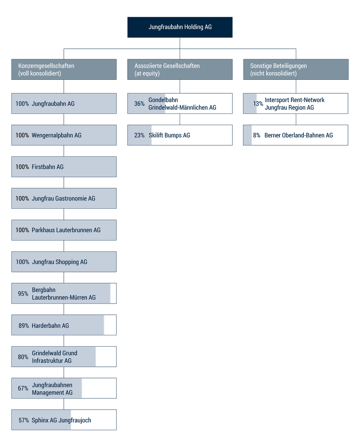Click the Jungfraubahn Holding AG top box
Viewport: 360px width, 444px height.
click(180, 27)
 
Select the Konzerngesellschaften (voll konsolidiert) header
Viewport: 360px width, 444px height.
click(64, 69)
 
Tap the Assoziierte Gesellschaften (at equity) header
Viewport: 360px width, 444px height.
click(180, 69)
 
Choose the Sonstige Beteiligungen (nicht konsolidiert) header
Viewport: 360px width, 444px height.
click(295, 69)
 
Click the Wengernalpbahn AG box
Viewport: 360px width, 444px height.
click(64, 135)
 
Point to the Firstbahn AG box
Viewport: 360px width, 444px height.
click(64, 167)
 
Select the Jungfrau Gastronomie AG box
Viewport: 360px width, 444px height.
click(64, 199)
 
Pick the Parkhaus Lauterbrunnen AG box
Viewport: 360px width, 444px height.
click(64, 230)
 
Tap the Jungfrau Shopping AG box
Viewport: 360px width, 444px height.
click(64, 262)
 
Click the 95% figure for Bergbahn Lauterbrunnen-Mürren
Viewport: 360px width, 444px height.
click(23, 294)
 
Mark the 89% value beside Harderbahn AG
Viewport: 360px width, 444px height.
click(24, 326)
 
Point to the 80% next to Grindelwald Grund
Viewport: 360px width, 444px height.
click(23, 357)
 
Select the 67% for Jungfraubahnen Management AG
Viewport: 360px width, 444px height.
click(23, 388)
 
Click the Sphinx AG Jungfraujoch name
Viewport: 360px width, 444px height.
click(61, 420)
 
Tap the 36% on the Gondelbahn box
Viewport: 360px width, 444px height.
click(139, 104)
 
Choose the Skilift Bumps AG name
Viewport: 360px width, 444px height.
click(169, 135)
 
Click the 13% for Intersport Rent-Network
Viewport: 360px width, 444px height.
click(258, 104)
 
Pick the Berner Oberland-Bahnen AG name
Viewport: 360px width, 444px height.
click(298, 135)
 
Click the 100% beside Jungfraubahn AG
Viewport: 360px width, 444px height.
click(22, 104)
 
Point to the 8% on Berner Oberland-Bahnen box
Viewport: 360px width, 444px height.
click(256, 135)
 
